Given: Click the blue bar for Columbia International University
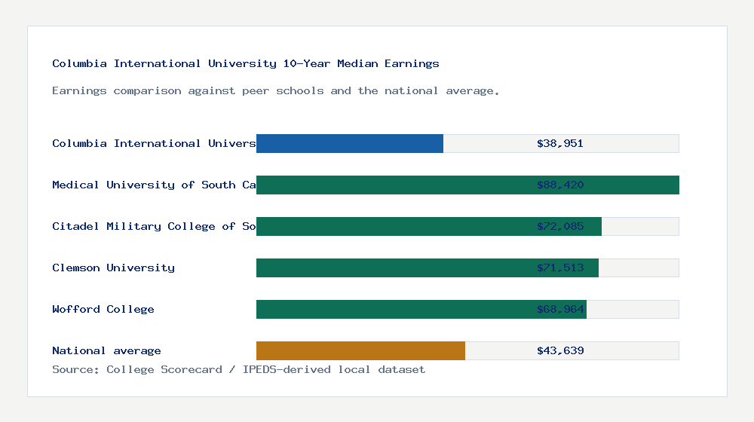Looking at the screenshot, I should (x=350, y=143).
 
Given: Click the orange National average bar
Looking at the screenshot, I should (x=360, y=350).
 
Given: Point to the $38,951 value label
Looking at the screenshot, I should (x=560, y=143).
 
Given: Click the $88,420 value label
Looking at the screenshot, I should (x=560, y=185).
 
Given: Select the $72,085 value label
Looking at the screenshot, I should (x=560, y=226).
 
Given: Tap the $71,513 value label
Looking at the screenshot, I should (x=560, y=268).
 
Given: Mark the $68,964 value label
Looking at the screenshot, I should (x=560, y=309).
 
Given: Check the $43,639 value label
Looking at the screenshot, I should (x=560, y=350).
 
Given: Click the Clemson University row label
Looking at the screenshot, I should (x=113, y=268).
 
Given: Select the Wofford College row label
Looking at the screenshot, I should (x=103, y=309).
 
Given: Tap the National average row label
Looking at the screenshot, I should (x=106, y=350).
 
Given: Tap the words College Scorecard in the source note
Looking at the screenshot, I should (x=164, y=369).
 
